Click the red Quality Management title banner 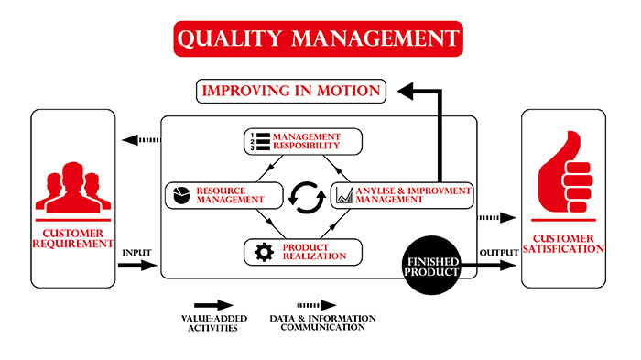click(318, 38)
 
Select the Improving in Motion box click(291, 91)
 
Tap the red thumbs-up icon click(565, 172)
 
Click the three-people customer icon click(73, 188)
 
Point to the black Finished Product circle click(431, 265)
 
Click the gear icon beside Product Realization click(264, 252)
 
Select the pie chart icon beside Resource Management click(181, 195)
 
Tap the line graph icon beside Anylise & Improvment click(344, 195)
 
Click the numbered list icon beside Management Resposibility click(260, 142)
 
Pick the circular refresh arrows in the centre click(307, 198)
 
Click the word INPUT click(136, 253)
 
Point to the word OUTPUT click(499, 253)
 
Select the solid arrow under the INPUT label click(137, 265)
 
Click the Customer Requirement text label click(73, 238)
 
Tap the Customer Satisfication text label click(563, 244)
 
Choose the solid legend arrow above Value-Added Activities click(213, 305)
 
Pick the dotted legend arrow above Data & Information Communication click(317, 305)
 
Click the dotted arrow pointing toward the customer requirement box click(141, 140)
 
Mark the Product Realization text click(314, 252)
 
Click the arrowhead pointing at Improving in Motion click(406, 91)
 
